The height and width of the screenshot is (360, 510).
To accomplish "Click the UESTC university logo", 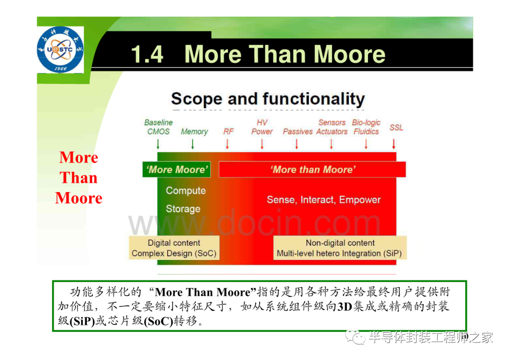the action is [60, 50].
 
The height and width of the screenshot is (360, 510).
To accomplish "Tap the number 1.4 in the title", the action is [147, 54].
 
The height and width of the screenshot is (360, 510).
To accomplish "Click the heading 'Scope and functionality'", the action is [268, 99].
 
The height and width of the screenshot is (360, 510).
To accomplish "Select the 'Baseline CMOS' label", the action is [158, 127].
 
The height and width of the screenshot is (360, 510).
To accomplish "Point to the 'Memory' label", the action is [194, 132].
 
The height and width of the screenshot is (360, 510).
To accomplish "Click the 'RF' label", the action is [229, 132].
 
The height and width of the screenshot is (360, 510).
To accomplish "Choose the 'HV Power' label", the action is [262, 127].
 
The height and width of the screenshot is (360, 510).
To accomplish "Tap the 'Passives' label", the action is [297, 132].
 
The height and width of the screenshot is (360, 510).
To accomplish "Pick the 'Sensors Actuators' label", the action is [332, 127].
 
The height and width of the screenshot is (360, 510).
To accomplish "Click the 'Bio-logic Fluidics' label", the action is [366, 127].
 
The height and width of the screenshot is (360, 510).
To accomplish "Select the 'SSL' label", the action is [396, 127].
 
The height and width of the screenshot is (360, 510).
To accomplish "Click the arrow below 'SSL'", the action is [393, 144].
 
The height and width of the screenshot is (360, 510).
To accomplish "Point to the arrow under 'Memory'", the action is [193, 144].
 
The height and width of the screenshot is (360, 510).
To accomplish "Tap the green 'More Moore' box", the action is [177, 169].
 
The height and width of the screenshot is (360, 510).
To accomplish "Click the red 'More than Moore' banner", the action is [312, 169].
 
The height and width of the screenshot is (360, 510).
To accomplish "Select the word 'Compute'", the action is [186, 191].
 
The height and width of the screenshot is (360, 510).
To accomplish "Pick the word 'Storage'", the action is [183, 209].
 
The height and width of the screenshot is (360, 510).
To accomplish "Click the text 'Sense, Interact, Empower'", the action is [323, 200].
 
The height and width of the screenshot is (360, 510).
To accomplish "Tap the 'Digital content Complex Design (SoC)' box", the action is [174, 248].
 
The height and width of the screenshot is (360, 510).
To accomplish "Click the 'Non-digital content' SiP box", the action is [340, 248].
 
